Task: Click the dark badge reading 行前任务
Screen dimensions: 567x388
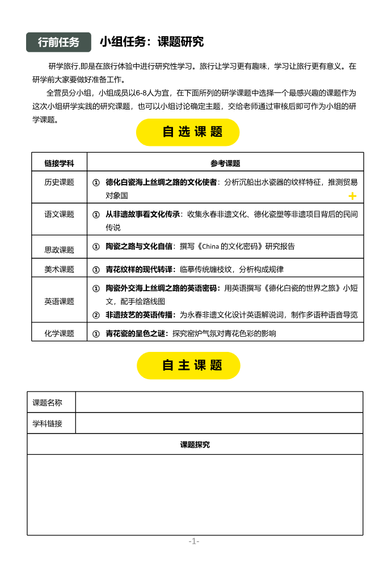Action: coord(58,42)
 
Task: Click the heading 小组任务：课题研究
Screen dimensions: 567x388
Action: coord(151,41)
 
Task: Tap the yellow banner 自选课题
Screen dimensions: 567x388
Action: coord(188,132)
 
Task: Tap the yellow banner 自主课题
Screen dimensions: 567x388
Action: coord(188,366)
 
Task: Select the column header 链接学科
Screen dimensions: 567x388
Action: coord(59,163)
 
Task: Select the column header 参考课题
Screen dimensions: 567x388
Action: coord(225,163)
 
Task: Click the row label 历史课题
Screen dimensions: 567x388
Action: coord(59,182)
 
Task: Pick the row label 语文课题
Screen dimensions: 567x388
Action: coord(59,214)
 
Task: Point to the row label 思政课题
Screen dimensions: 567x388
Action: coord(59,249)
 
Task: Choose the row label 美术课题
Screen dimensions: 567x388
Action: coord(59,269)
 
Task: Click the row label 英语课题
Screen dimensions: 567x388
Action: coord(59,301)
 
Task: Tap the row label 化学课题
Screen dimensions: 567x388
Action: coord(59,333)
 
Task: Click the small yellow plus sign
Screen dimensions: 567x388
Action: coord(352,196)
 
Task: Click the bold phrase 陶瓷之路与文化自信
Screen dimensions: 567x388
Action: coord(139,246)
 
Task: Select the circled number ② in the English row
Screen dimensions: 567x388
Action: coord(96,315)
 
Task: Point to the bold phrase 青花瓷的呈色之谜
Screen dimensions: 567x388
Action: coord(137,333)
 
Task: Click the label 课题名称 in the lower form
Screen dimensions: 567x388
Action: coord(47,402)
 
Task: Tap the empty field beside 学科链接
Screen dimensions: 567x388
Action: coord(219,423)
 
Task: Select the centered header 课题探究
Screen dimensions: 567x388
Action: coord(195,444)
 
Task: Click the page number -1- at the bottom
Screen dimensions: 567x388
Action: coord(194,541)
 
